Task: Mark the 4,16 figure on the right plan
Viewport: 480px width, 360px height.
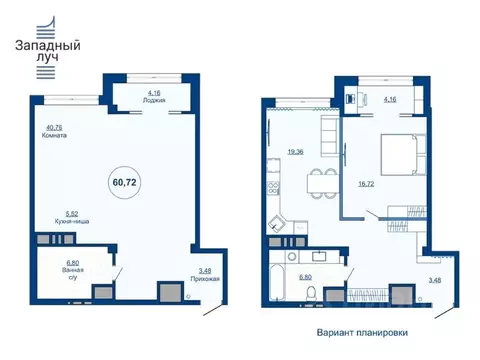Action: click(391, 100)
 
